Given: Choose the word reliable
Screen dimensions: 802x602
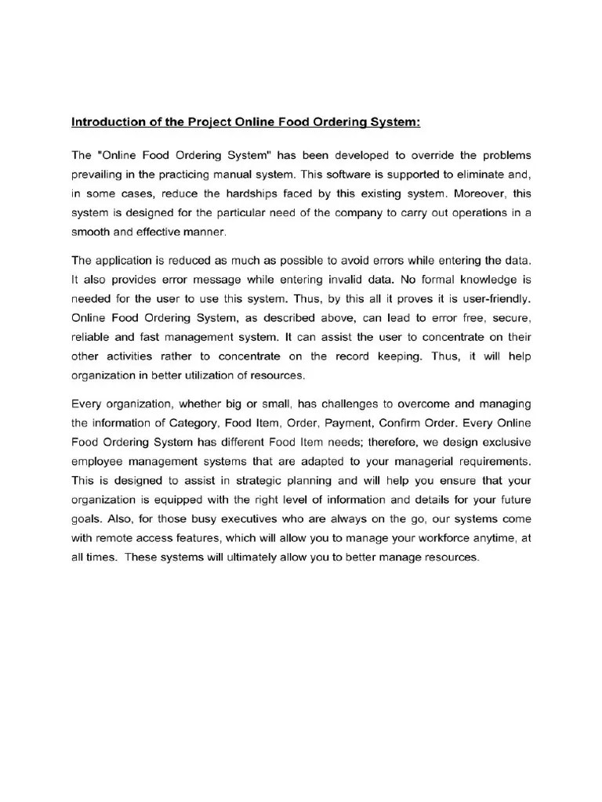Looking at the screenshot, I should (x=89, y=338).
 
